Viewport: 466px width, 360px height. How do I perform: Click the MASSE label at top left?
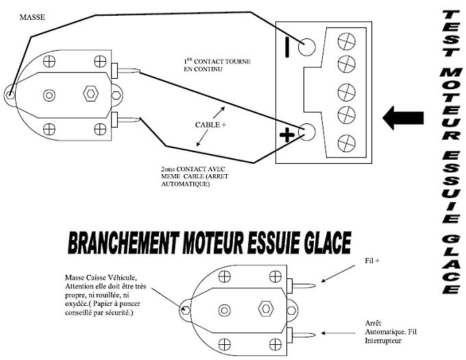[x=32, y=17]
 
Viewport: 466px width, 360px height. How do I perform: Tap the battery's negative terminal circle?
[x=307, y=47]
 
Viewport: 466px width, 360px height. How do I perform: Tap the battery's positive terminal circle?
[x=307, y=132]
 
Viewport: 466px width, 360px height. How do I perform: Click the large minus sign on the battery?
[x=287, y=47]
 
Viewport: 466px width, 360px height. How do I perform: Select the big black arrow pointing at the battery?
[x=403, y=118]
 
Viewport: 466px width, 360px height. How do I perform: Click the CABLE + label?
[x=210, y=125]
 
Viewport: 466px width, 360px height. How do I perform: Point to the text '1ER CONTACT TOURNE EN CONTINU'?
[x=217, y=65]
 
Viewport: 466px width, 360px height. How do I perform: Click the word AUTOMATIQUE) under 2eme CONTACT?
[x=186, y=184]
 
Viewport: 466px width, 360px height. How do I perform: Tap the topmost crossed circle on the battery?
[x=347, y=41]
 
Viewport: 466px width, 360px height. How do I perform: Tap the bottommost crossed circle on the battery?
[x=347, y=143]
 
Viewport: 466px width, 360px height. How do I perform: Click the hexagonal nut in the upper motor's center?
[x=90, y=94]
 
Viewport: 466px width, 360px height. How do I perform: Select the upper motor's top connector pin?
[x=125, y=71]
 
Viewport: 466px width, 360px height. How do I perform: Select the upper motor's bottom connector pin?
[x=125, y=119]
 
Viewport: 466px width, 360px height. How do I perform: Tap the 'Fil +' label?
[x=372, y=261]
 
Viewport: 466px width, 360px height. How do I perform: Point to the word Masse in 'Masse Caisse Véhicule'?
[x=75, y=278]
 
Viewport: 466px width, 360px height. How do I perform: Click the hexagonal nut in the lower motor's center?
[x=266, y=309]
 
